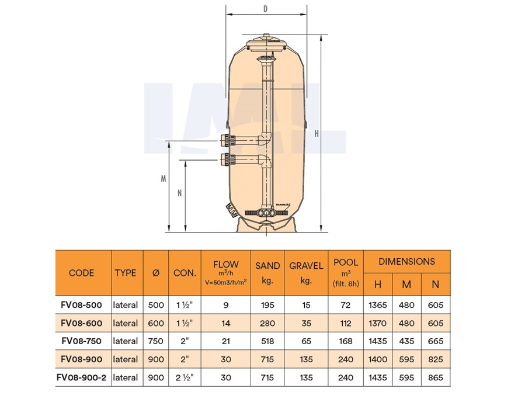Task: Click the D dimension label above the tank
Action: [x=265, y=8]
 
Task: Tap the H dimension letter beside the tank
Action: [x=317, y=134]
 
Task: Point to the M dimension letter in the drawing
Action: [x=163, y=179]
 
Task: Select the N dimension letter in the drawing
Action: [x=179, y=193]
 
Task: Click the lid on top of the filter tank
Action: [x=267, y=43]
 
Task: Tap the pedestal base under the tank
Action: [x=266, y=224]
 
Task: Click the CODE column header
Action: [x=81, y=273]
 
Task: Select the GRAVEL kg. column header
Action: [x=306, y=273]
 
